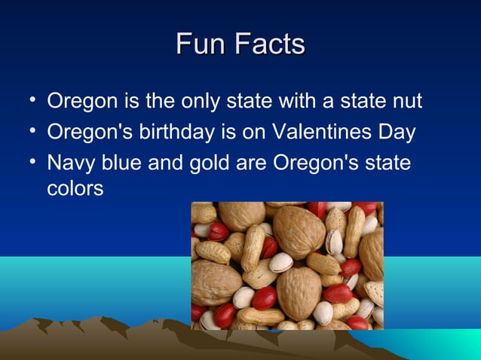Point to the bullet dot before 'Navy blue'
(28, 162)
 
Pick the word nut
(406, 101)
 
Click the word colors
(75, 188)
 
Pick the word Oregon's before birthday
(90, 133)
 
